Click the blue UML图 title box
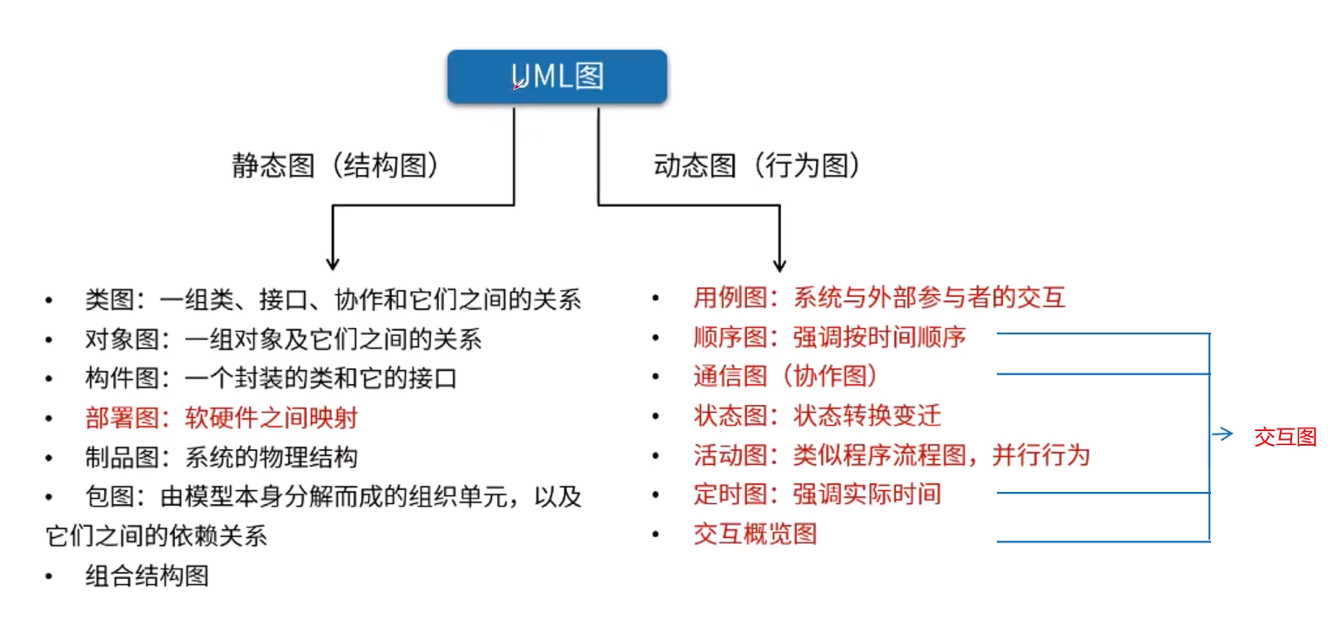point(557,77)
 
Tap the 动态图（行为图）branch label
point(758,166)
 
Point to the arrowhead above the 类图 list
point(331,262)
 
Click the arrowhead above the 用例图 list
point(779,262)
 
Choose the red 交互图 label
point(1285,437)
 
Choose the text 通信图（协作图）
point(786,376)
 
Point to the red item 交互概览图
point(755,534)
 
